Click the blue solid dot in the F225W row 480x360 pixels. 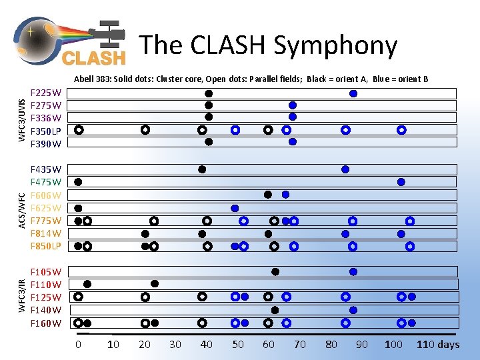(x=353, y=93)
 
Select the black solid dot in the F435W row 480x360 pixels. (x=202, y=169)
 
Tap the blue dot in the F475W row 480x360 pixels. (x=401, y=182)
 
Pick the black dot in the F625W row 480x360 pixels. (x=78, y=208)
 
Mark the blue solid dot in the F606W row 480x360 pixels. (x=285, y=195)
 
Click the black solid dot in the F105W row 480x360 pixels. (x=275, y=271)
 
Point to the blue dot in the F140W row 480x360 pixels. (x=353, y=310)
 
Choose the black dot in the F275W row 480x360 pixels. (x=209, y=105)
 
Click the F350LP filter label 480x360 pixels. (x=46, y=131)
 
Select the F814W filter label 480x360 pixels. (x=46, y=233)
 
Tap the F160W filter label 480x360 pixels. (x=46, y=323)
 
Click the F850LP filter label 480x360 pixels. (x=46, y=246)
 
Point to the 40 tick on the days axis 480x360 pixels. (x=207, y=345)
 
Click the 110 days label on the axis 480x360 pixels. (x=438, y=345)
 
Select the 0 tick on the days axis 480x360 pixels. (x=78, y=345)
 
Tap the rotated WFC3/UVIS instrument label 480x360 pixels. (x=22, y=119)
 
